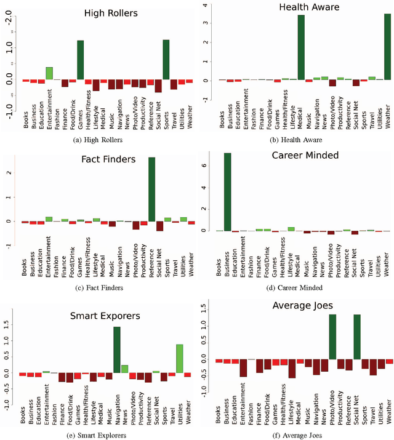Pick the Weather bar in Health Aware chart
click(387, 47)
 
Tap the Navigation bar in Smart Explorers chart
click(117, 350)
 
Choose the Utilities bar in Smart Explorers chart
click(180, 358)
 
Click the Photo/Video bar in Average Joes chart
click(332, 337)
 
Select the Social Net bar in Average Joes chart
click(356, 337)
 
